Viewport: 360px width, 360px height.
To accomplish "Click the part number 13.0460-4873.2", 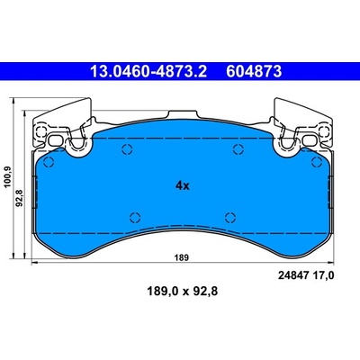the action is [148, 72].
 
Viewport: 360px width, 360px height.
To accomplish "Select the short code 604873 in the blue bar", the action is [254, 72].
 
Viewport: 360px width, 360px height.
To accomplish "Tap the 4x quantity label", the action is [183, 186].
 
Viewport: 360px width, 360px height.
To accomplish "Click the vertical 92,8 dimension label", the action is [21, 198].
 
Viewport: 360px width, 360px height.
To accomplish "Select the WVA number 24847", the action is [293, 275].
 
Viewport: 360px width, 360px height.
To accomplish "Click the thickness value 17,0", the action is [323, 275].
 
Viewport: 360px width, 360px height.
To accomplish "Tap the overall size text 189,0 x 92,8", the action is [182, 291].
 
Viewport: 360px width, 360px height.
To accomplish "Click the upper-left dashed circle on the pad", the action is [127, 148].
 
